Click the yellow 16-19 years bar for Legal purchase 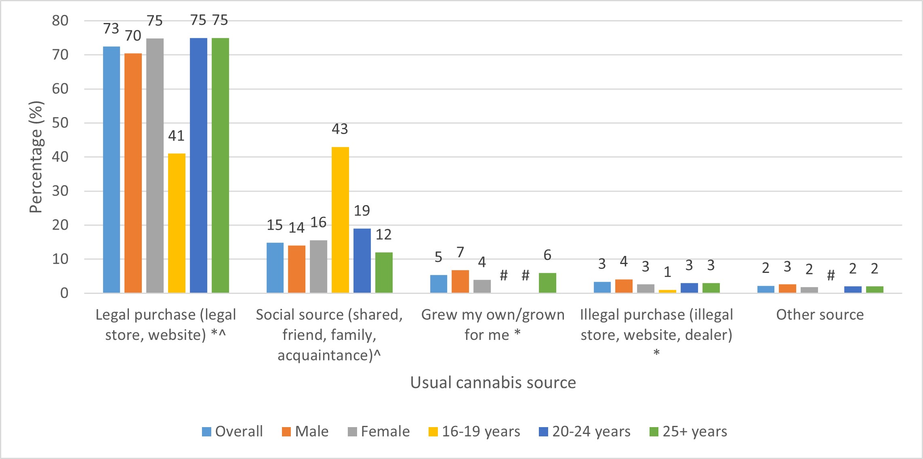coord(177,223)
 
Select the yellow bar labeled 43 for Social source coord(340,220)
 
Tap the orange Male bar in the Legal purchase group coord(133,173)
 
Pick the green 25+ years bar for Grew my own coord(547,283)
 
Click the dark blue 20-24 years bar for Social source coord(362,260)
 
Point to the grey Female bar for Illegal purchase coord(645,288)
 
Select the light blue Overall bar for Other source coord(765,289)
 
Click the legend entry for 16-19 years coord(474,431)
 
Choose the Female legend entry coord(378,431)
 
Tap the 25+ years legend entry coord(688,431)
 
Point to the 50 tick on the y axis coord(60,123)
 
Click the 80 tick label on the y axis coord(60,21)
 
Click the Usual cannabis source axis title coord(493,382)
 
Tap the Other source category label coord(820,314)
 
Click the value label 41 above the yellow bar coord(176,136)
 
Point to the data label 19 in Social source coord(362,210)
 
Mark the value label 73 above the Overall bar coord(111,28)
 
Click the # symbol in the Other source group coord(831,275)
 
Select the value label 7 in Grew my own coord(460,252)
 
